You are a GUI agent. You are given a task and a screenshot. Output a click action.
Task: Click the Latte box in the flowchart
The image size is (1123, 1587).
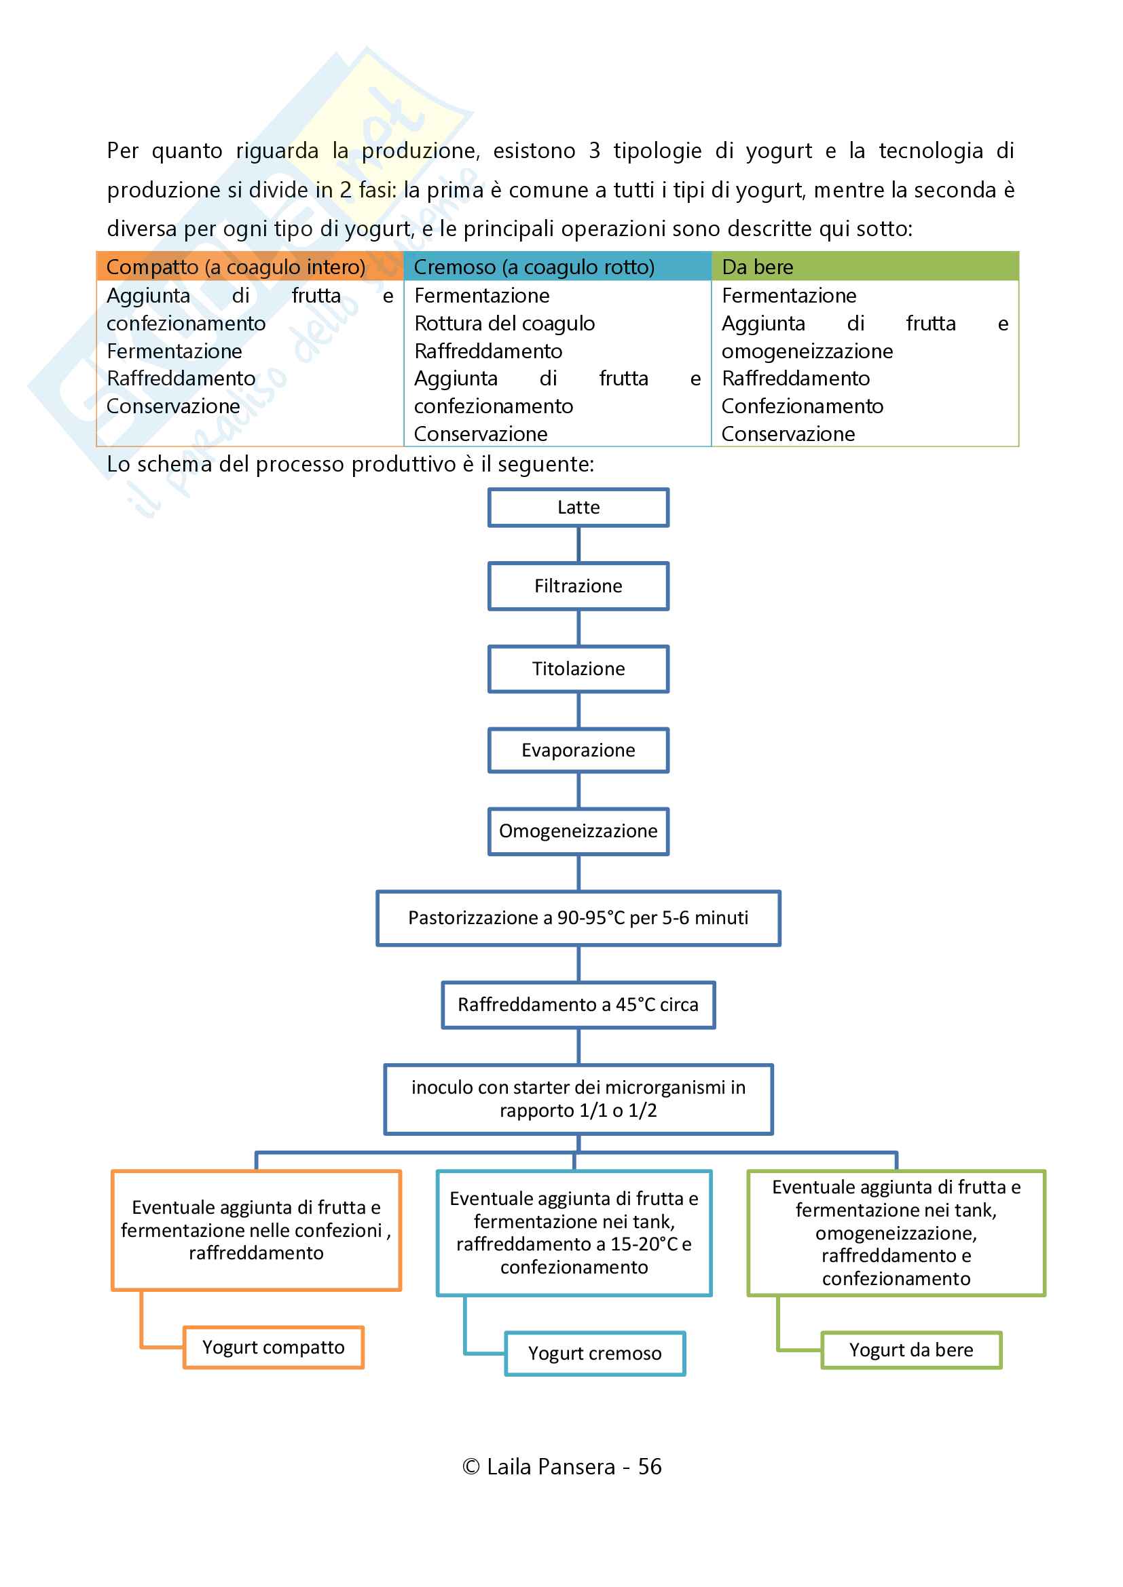click(578, 508)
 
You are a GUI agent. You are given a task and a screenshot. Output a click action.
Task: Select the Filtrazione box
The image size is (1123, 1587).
click(578, 586)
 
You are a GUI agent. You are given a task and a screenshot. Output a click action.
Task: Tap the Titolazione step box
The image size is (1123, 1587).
click(578, 668)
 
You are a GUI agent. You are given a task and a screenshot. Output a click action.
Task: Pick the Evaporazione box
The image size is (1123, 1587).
click(578, 750)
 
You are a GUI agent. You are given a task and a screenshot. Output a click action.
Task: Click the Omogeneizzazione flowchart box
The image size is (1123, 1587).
click(578, 831)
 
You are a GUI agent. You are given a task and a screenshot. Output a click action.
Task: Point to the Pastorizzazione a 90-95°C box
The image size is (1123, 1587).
click(578, 918)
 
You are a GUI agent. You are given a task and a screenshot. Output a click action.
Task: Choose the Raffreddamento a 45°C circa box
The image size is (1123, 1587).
click(578, 1004)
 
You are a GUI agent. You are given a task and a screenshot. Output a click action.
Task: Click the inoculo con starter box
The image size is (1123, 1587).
click(578, 1099)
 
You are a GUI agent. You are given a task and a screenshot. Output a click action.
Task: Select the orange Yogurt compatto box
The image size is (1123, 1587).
click(273, 1347)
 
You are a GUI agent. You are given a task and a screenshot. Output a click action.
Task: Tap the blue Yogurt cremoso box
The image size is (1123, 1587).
click(595, 1354)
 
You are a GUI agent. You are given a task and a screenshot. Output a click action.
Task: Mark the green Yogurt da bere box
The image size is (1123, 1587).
click(910, 1350)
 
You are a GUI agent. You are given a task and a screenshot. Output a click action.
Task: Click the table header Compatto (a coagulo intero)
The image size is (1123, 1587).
click(236, 267)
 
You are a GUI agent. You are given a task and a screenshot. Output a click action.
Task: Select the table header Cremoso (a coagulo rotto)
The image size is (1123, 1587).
click(534, 267)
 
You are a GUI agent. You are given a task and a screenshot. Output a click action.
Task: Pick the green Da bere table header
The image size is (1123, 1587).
click(757, 267)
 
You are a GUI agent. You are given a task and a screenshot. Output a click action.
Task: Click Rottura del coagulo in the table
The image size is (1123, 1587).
click(504, 324)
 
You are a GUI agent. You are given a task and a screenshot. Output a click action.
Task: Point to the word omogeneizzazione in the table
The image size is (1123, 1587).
click(807, 351)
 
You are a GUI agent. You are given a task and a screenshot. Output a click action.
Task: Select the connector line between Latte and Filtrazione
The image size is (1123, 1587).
click(578, 545)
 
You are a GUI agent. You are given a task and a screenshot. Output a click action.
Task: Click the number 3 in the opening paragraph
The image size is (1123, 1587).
click(594, 151)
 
